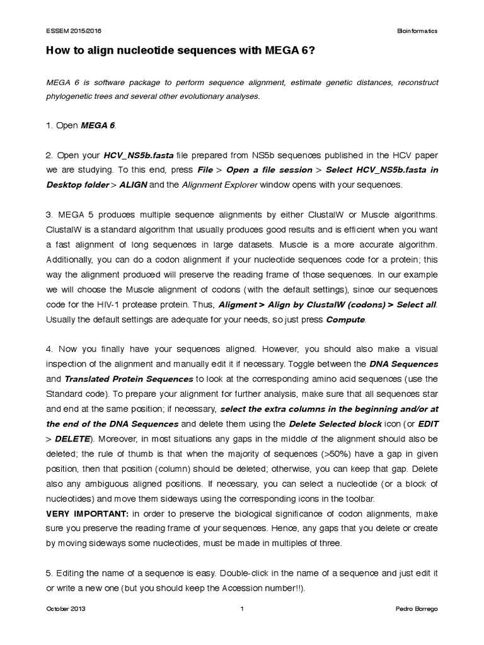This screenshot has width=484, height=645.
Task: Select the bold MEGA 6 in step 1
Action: coord(98,125)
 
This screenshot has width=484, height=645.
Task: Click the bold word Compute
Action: coord(345,319)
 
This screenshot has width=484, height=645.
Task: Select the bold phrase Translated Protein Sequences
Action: coord(129,379)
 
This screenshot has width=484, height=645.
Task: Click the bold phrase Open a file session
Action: coord(269,169)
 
